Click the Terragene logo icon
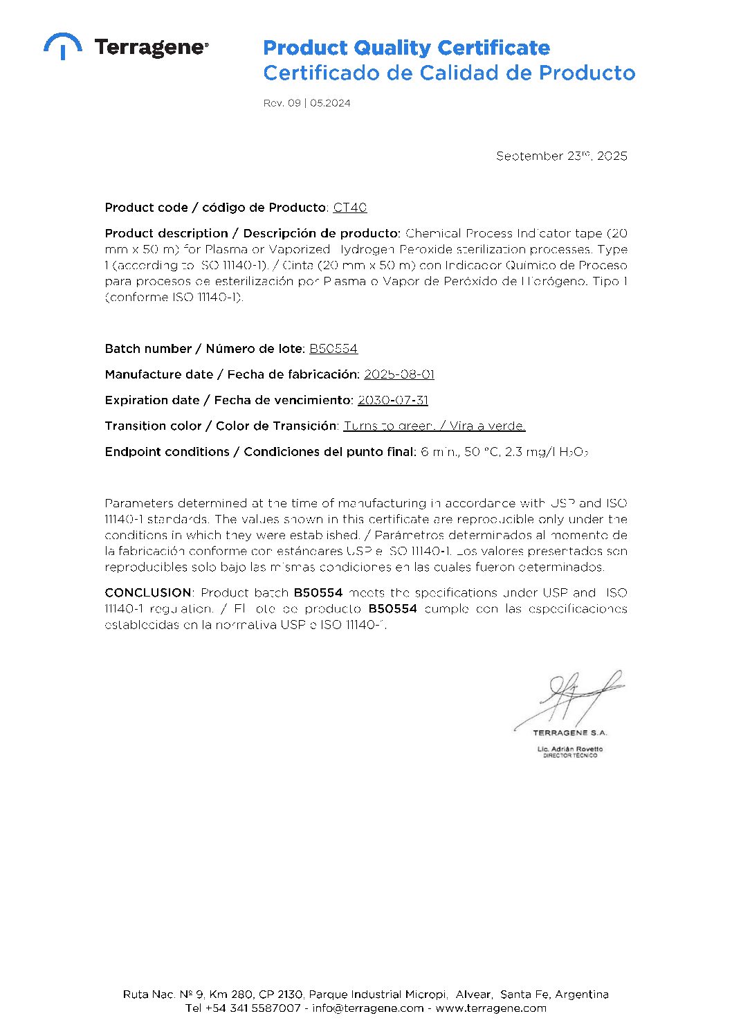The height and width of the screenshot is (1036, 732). coord(63,46)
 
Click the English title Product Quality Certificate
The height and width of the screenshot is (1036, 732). coord(406,48)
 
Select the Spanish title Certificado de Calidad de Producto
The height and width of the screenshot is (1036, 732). coord(449,73)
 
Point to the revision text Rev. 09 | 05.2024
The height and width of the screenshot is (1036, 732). coord(306,103)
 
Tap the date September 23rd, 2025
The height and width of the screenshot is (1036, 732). coord(561,156)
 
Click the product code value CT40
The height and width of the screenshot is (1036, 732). coord(349,208)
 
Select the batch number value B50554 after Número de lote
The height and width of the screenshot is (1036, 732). coord(333,349)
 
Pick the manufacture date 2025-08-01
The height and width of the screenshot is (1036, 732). coord(399,374)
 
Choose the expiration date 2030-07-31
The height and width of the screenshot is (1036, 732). coord(392,400)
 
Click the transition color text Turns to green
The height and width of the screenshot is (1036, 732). coord(389,426)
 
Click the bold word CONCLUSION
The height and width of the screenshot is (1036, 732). coord(148,592)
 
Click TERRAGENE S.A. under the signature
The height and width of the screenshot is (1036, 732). coord(569,732)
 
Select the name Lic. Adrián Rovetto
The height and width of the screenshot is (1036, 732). coord(569,749)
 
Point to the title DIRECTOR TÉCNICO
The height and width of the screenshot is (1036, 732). coord(569,756)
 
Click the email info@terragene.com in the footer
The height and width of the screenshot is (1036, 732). coord(367,1008)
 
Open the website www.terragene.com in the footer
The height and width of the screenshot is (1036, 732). coord(491,1008)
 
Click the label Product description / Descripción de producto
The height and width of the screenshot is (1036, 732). coord(253,233)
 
